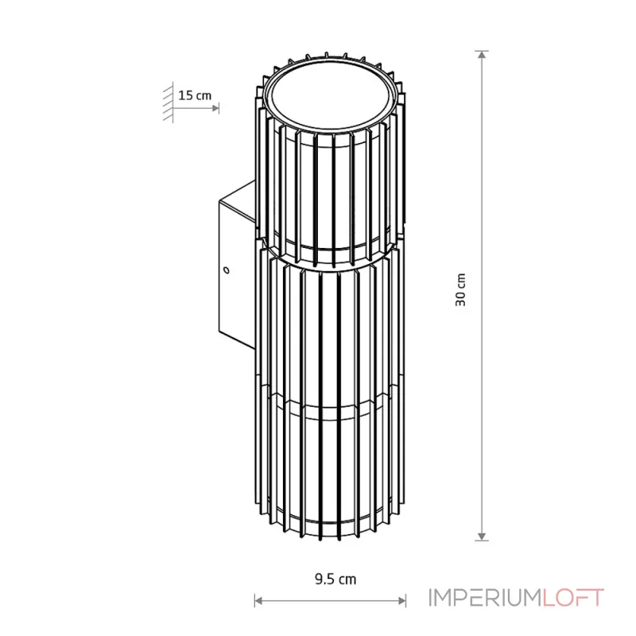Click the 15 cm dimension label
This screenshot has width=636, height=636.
pos(195,95)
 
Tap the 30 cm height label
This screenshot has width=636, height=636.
pos(461,289)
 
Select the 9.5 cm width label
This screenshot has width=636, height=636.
pos(335,579)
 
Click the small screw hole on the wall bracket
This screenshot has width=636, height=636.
pos(227,270)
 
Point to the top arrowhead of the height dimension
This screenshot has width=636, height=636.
pos(482,55)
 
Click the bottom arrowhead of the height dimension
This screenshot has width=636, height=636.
pos(482,537)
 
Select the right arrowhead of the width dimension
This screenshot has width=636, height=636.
pos(401,600)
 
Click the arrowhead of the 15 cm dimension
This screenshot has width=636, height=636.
pos(215,108)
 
